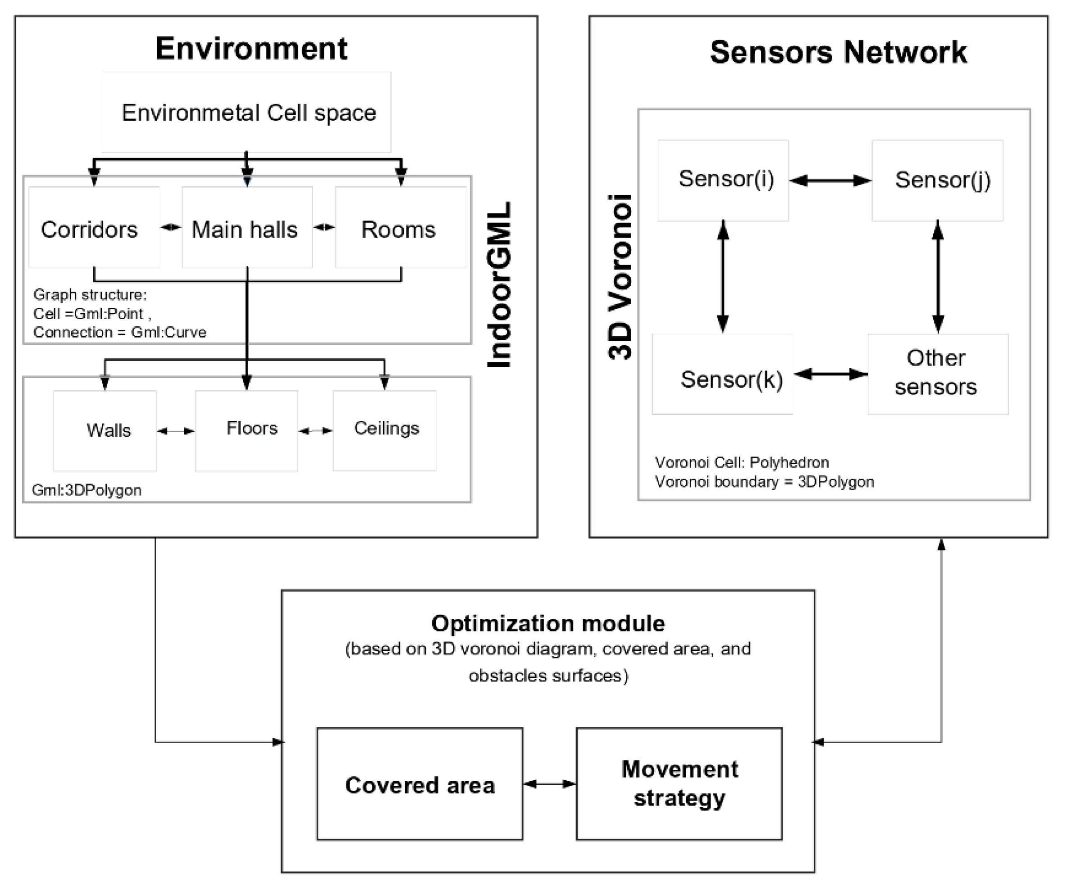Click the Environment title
tap(251, 49)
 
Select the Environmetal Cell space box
tap(246, 112)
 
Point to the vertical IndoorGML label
tap(499, 284)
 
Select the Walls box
tap(105, 430)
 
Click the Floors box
tap(247, 430)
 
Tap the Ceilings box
tap(385, 430)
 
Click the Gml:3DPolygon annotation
tap(87, 490)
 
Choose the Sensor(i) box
tap(724, 180)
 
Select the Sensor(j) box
tap(937, 180)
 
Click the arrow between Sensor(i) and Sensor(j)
tap(830, 180)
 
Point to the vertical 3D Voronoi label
tap(620, 277)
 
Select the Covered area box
tap(420, 784)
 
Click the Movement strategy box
tap(679, 784)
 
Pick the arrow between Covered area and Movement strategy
tap(549, 784)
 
